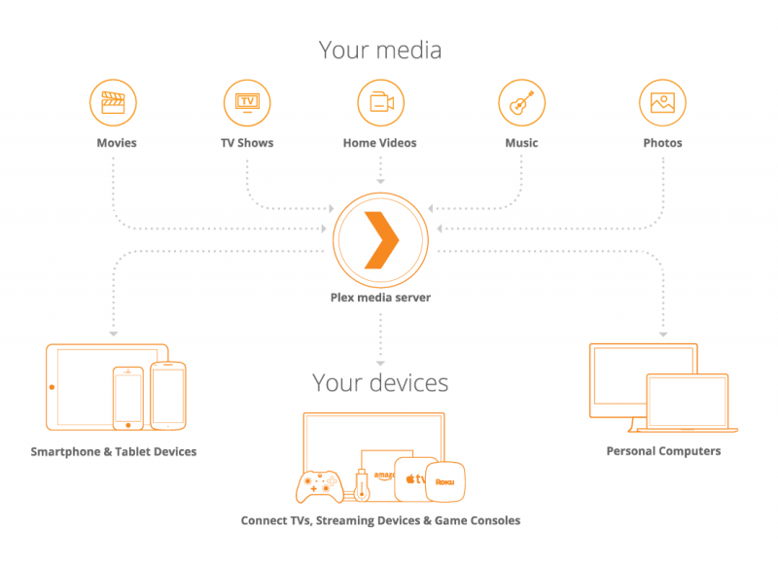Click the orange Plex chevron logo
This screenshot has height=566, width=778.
click(380, 236)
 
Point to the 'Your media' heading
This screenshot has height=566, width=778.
click(380, 50)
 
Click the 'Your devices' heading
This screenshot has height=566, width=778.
click(380, 382)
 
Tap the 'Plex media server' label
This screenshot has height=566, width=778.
click(380, 298)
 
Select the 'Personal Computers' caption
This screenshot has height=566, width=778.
click(663, 451)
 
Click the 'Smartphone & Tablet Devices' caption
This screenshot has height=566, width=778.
click(114, 452)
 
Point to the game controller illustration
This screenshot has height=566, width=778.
click(318, 483)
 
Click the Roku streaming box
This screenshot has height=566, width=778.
click(444, 480)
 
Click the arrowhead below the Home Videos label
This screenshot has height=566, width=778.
click(380, 180)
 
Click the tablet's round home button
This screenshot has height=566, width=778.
click(53, 387)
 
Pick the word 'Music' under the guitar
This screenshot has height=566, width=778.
click(521, 143)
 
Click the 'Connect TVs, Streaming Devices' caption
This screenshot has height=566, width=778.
click(380, 521)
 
